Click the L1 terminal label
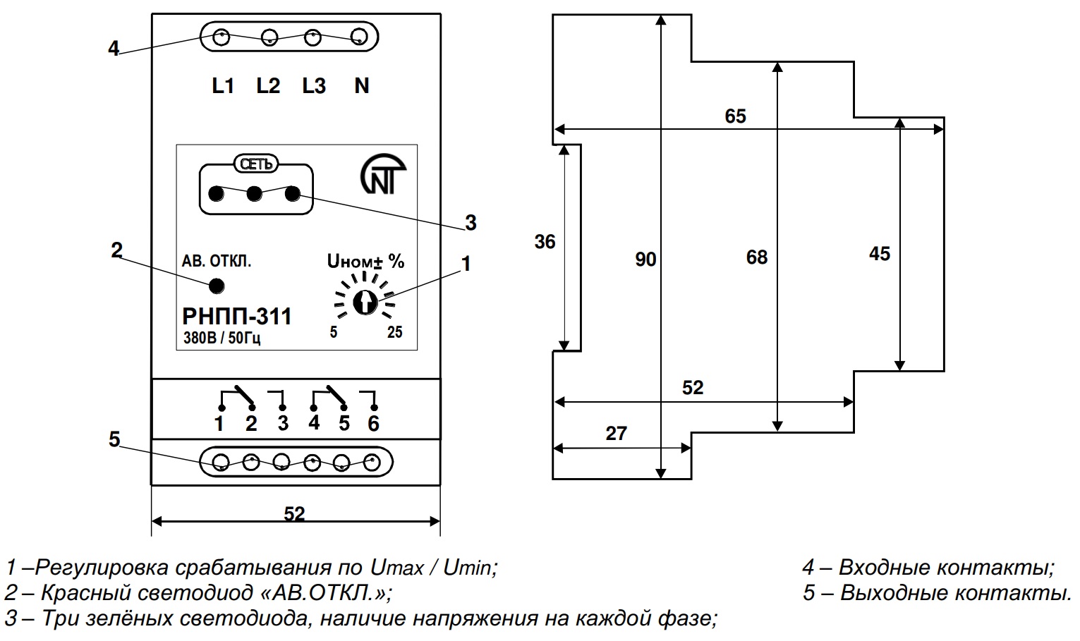(x=223, y=86)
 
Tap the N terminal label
(x=361, y=86)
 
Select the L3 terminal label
(x=314, y=86)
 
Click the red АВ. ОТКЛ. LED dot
(x=217, y=286)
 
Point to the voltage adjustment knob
(x=364, y=303)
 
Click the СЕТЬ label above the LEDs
(x=255, y=164)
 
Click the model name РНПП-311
(x=236, y=317)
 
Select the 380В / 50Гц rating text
(x=222, y=338)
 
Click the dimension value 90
(x=645, y=260)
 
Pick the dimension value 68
(x=756, y=257)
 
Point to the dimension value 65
(x=735, y=116)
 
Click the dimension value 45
(x=879, y=254)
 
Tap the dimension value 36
(x=545, y=242)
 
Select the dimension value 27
(x=616, y=433)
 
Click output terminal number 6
(x=373, y=424)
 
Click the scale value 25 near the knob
(x=395, y=333)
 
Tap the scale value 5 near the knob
(x=334, y=333)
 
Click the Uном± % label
(x=365, y=262)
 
